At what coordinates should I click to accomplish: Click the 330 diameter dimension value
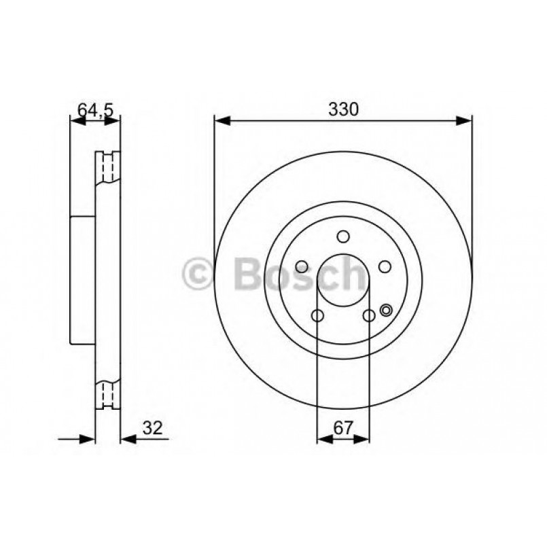pos(343,109)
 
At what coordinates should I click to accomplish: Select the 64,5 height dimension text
pos(94,109)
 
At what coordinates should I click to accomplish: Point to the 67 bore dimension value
pos(343,427)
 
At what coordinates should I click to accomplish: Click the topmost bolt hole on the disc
pos(343,236)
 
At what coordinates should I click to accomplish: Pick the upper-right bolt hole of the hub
pos(385,266)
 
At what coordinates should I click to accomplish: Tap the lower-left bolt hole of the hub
pos(317,315)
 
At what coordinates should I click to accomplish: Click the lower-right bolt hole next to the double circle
pos(369,315)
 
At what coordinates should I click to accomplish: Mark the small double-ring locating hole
pos(387,311)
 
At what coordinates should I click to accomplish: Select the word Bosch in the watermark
pos(299,275)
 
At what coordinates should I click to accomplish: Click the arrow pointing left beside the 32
pos(128,439)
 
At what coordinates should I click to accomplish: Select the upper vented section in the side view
pos(107,166)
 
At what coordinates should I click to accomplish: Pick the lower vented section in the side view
pos(107,394)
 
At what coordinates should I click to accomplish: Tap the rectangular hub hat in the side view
pos(83,279)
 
